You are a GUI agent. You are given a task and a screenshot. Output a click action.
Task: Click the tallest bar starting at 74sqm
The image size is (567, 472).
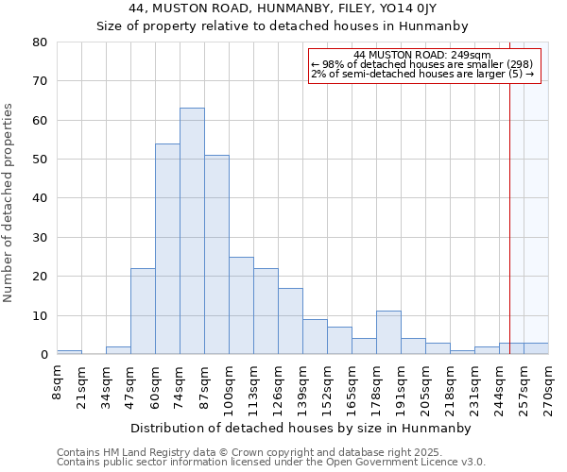click(x=192, y=231)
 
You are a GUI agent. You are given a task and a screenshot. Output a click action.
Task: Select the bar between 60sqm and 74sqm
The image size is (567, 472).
click(x=167, y=249)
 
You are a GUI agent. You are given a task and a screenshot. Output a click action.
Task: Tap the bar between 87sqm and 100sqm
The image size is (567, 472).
click(x=216, y=255)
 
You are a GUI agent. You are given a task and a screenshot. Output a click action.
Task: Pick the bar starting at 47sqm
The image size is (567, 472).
click(x=143, y=312)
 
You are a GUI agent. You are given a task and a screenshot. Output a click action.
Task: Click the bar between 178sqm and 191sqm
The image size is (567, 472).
click(x=388, y=332)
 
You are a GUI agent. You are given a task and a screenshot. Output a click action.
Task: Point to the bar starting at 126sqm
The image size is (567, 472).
click(x=290, y=321)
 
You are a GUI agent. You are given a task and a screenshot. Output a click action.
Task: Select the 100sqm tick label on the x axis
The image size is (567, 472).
click(x=229, y=387)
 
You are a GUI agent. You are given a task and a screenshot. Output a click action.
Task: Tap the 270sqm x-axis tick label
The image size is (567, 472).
click(x=548, y=387)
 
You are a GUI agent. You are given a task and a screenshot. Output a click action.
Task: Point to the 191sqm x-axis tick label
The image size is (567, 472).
click(x=401, y=387)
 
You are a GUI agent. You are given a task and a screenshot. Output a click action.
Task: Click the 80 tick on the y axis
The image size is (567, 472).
click(x=40, y=42)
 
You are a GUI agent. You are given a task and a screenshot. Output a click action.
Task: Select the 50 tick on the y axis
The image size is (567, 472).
click(x=40, y=160)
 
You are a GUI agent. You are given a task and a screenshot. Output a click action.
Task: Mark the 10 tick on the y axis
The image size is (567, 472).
click(x=40, y=315)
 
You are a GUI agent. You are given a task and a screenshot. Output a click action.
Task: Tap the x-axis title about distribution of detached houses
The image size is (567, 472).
click(x=301, y=428)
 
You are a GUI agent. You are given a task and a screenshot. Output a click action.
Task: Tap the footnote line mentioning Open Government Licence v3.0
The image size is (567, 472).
click(x=271, y=462)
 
